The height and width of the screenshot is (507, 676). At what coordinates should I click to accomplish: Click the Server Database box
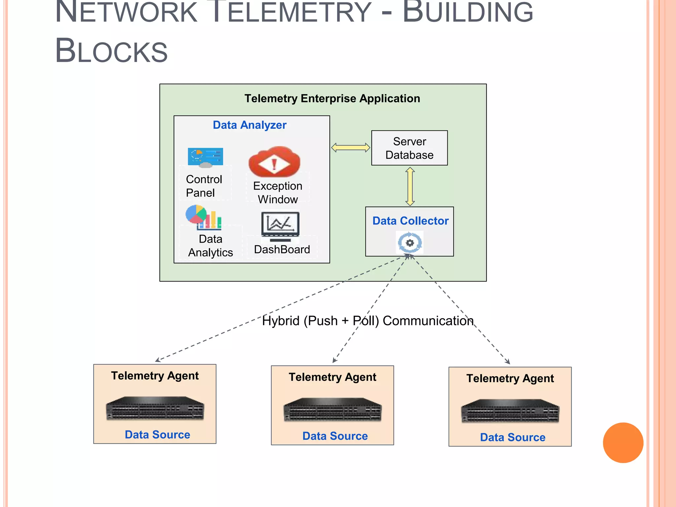409,148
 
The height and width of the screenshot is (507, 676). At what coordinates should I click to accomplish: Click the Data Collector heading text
410,221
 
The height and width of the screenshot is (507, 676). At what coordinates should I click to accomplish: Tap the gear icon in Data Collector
410,243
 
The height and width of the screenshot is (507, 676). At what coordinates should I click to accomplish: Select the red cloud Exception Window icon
274,162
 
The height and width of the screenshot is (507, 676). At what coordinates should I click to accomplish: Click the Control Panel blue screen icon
205,157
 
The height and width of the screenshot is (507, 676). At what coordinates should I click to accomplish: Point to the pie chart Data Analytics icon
203,217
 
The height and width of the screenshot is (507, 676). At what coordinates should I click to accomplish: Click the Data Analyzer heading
250,125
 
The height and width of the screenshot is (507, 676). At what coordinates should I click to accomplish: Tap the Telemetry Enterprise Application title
332,98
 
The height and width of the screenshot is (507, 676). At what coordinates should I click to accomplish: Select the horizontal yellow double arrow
351,148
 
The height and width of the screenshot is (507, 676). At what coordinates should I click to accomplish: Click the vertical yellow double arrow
410,186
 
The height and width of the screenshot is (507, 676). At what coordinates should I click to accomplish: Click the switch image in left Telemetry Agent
155,408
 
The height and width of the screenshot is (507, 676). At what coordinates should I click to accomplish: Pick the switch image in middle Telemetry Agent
332,409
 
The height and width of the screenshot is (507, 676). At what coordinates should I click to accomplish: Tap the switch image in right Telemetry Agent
510,411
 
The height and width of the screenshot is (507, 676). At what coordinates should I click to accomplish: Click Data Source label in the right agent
513,437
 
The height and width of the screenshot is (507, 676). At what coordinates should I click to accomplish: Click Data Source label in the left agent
157,435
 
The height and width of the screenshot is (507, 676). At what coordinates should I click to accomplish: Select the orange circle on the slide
623,443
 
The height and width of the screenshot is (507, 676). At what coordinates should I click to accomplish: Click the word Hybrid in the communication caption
281,321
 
